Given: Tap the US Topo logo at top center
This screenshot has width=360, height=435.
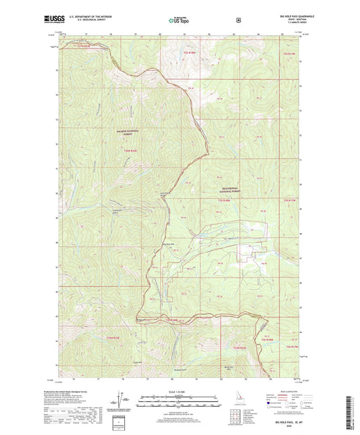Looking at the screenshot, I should click(180, 20).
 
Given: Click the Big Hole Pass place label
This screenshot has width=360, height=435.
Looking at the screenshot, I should click(171, 245).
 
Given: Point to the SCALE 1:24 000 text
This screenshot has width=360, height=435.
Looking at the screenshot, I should click(180, 392).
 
